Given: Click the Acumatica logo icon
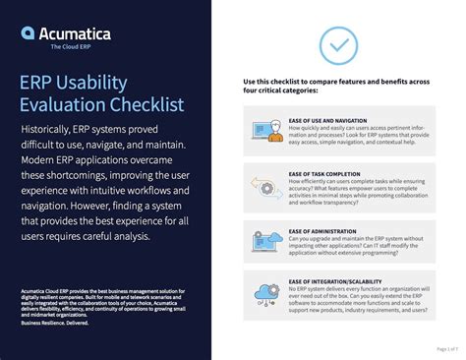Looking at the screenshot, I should point(29,33).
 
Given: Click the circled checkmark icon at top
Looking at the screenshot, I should point(338,44).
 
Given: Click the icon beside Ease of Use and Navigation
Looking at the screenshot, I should point(265,128).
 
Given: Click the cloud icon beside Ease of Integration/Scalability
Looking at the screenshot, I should point(265,292).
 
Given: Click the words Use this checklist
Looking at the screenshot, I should point(272,81).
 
